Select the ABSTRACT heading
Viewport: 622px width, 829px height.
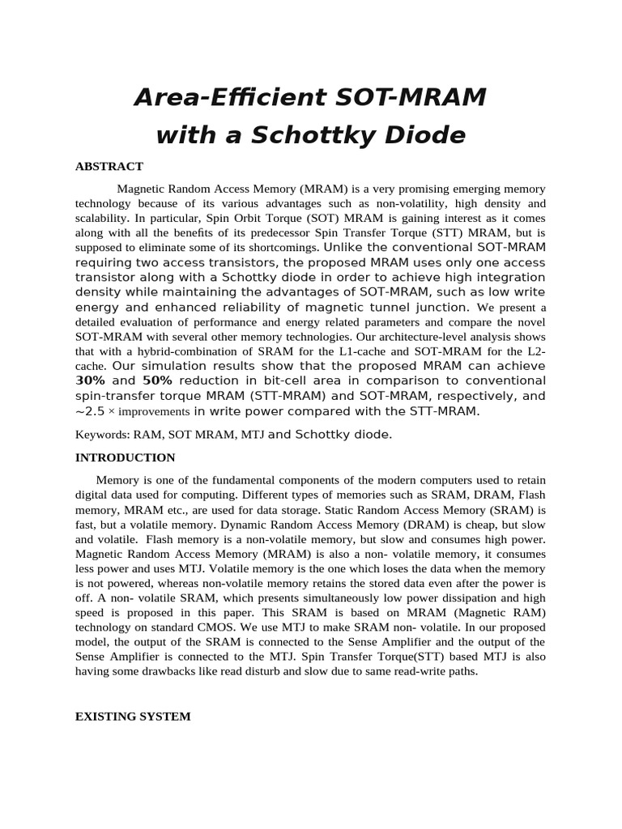(x=109, y=166)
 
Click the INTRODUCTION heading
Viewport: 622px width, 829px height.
(x=125, y=457)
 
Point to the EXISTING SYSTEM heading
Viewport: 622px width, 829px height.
(x=133, y=716)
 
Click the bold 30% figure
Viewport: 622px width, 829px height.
(x=91, y=380)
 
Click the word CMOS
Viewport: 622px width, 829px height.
(x=239, y=627)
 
